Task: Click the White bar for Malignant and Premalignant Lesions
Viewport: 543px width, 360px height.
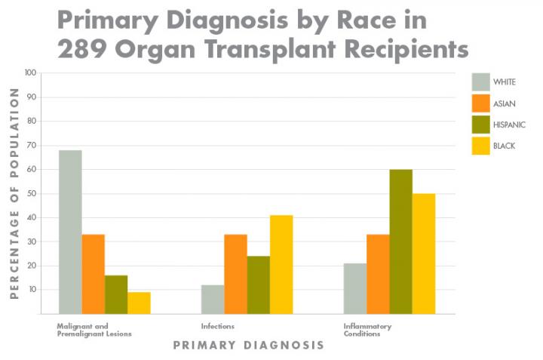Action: point(70,232)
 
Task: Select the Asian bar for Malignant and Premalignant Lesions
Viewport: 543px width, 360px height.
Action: point(94,274)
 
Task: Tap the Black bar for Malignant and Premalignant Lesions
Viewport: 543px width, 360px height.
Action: point(139,303)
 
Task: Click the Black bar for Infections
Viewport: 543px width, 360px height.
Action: point(281,264)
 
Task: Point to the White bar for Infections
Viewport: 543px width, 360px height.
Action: point(213,299)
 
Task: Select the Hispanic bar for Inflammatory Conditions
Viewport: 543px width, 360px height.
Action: point(400,242)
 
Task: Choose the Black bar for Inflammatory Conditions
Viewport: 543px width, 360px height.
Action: point(423,254)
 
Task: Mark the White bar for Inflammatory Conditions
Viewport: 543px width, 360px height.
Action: point(355,288)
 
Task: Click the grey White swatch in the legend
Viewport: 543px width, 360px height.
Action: point(480,82)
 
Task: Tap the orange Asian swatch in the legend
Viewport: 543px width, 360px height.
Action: point(480,103)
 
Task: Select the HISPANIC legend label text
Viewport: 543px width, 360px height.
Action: point(509,125)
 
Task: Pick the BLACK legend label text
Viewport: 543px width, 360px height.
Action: point(504,146)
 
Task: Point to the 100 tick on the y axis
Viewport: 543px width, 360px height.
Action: point(30,73)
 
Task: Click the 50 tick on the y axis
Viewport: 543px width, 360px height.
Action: point(30,193)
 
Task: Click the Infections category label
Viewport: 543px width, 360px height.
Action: point(217,326)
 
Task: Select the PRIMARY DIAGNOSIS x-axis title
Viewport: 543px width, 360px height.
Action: point(248,345)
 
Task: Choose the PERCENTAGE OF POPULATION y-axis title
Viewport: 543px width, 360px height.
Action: point(14,193)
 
